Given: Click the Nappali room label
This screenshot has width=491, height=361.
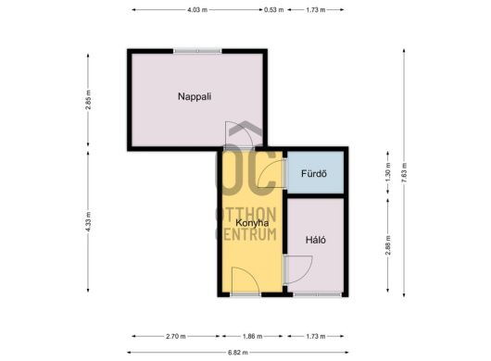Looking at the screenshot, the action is (195, 96).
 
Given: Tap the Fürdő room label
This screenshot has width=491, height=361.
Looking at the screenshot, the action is (314, 174).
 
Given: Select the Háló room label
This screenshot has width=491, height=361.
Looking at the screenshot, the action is (316, 240).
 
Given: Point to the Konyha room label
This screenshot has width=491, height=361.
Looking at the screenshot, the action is (252, 223).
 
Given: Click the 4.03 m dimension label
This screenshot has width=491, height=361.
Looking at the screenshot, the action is (197, 10).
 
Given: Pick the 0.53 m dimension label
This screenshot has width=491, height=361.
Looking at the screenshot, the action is (273, 10).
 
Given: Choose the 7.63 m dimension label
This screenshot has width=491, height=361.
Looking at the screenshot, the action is (404, 173).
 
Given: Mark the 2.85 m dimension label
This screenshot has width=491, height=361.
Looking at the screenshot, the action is (88, 100).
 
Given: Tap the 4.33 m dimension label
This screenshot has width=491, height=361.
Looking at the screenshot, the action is (88, 222).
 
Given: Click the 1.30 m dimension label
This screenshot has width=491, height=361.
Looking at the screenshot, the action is (388, 172).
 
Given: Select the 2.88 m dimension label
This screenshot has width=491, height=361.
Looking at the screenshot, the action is (388, 245).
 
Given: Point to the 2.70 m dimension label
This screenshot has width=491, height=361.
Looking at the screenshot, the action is (176, 337).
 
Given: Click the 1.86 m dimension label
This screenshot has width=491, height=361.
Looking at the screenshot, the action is (252, 337).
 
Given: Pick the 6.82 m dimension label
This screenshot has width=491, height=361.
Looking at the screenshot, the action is (238, 353).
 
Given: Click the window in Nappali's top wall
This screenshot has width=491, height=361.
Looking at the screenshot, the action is (197, 51).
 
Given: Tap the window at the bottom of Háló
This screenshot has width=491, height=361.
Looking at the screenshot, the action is (317, 294).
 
